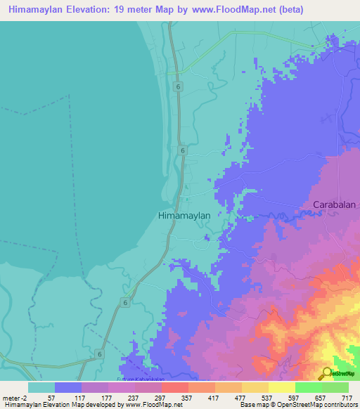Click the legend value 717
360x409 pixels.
347,397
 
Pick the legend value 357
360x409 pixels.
186,397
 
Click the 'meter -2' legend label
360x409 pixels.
14,397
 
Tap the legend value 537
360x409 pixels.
266,397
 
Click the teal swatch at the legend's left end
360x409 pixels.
41,387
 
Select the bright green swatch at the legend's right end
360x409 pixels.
335,387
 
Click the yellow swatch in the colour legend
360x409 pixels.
281,387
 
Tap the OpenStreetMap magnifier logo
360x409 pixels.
326,373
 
